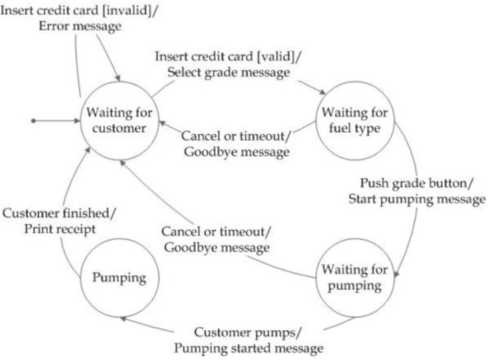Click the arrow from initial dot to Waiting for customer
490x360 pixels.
pyautogui.click(x=56, y=121)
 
